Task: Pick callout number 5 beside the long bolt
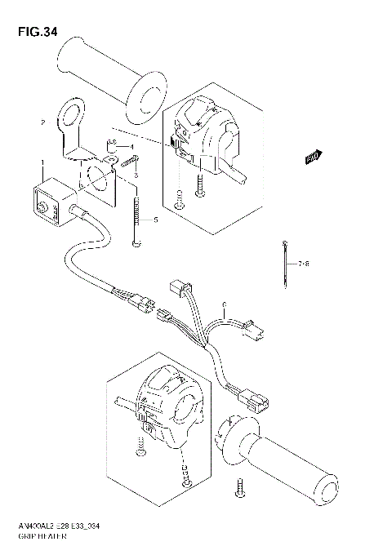(x=155, y=220)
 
